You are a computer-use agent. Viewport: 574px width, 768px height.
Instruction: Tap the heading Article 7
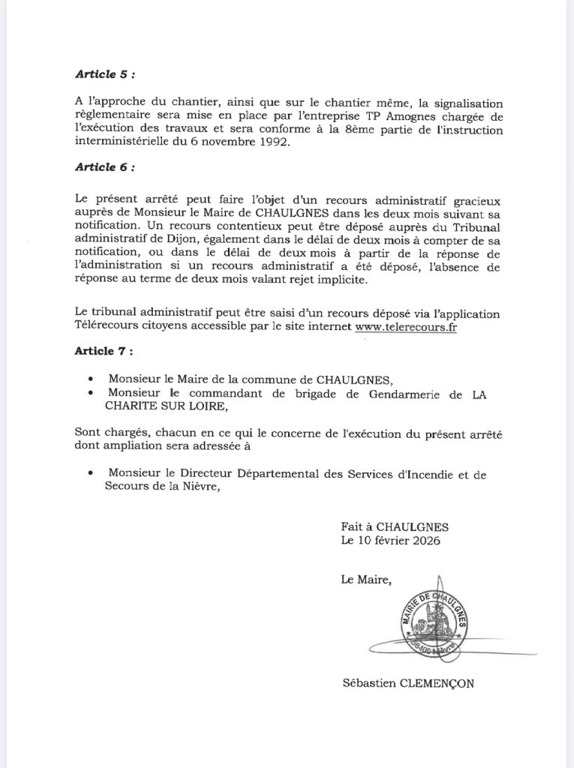(105, 351)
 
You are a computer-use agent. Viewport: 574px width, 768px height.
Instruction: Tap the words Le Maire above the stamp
(365, 577)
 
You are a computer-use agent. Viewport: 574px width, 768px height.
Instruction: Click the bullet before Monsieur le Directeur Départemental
(91, 473)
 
